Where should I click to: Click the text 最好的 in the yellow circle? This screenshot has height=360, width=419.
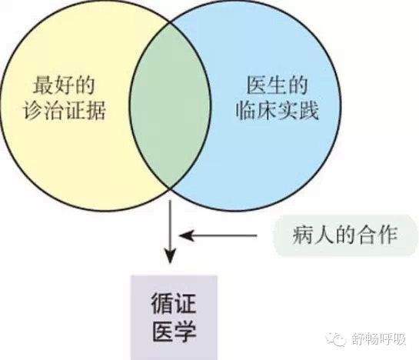pyautogui.click(x=64, y=85)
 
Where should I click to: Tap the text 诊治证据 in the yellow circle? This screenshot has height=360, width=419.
pyautogui.click(x=64, y=111)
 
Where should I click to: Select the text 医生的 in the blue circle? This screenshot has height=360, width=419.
pyautogui.click(x=277, y=85)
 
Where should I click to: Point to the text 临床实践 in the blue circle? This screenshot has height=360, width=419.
pyautogui.click(x=277, y=111)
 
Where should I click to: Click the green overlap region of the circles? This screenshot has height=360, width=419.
pyautogui.click(x=169, y=105)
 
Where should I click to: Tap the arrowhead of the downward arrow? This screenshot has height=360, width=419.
pyautogui.click(x=170, y=256)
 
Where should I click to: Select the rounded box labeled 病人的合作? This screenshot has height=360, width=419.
pyautogui.click(x=345, y=235)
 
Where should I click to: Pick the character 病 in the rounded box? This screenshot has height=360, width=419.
pyautogui.click(x=302, y=235)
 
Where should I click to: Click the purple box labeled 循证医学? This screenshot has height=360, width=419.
pyautogui.click(x=174, y=318)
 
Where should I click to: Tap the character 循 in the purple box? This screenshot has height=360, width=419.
pyautogui.click(x=162, y=304)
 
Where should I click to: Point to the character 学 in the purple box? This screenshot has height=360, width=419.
pyautogui.click(x=185, y=332)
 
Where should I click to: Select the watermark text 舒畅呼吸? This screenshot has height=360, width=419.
pyautogui.click(x=377, y=339)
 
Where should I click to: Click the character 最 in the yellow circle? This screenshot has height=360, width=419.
pyautogui.click(x=43, y=85)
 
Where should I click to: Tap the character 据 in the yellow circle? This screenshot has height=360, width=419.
pyautogui.click(x=96, y=111)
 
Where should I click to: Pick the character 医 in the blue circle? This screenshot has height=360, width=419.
pyautogui.click(x=256, y=85)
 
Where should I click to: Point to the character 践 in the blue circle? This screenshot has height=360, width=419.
pyautogui.click(x=309, y=111)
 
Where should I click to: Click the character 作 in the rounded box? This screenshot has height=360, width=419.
pyautogui.click(x=387, y=235)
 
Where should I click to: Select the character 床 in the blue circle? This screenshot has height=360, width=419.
pyautogui.click(x=267, y=111)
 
